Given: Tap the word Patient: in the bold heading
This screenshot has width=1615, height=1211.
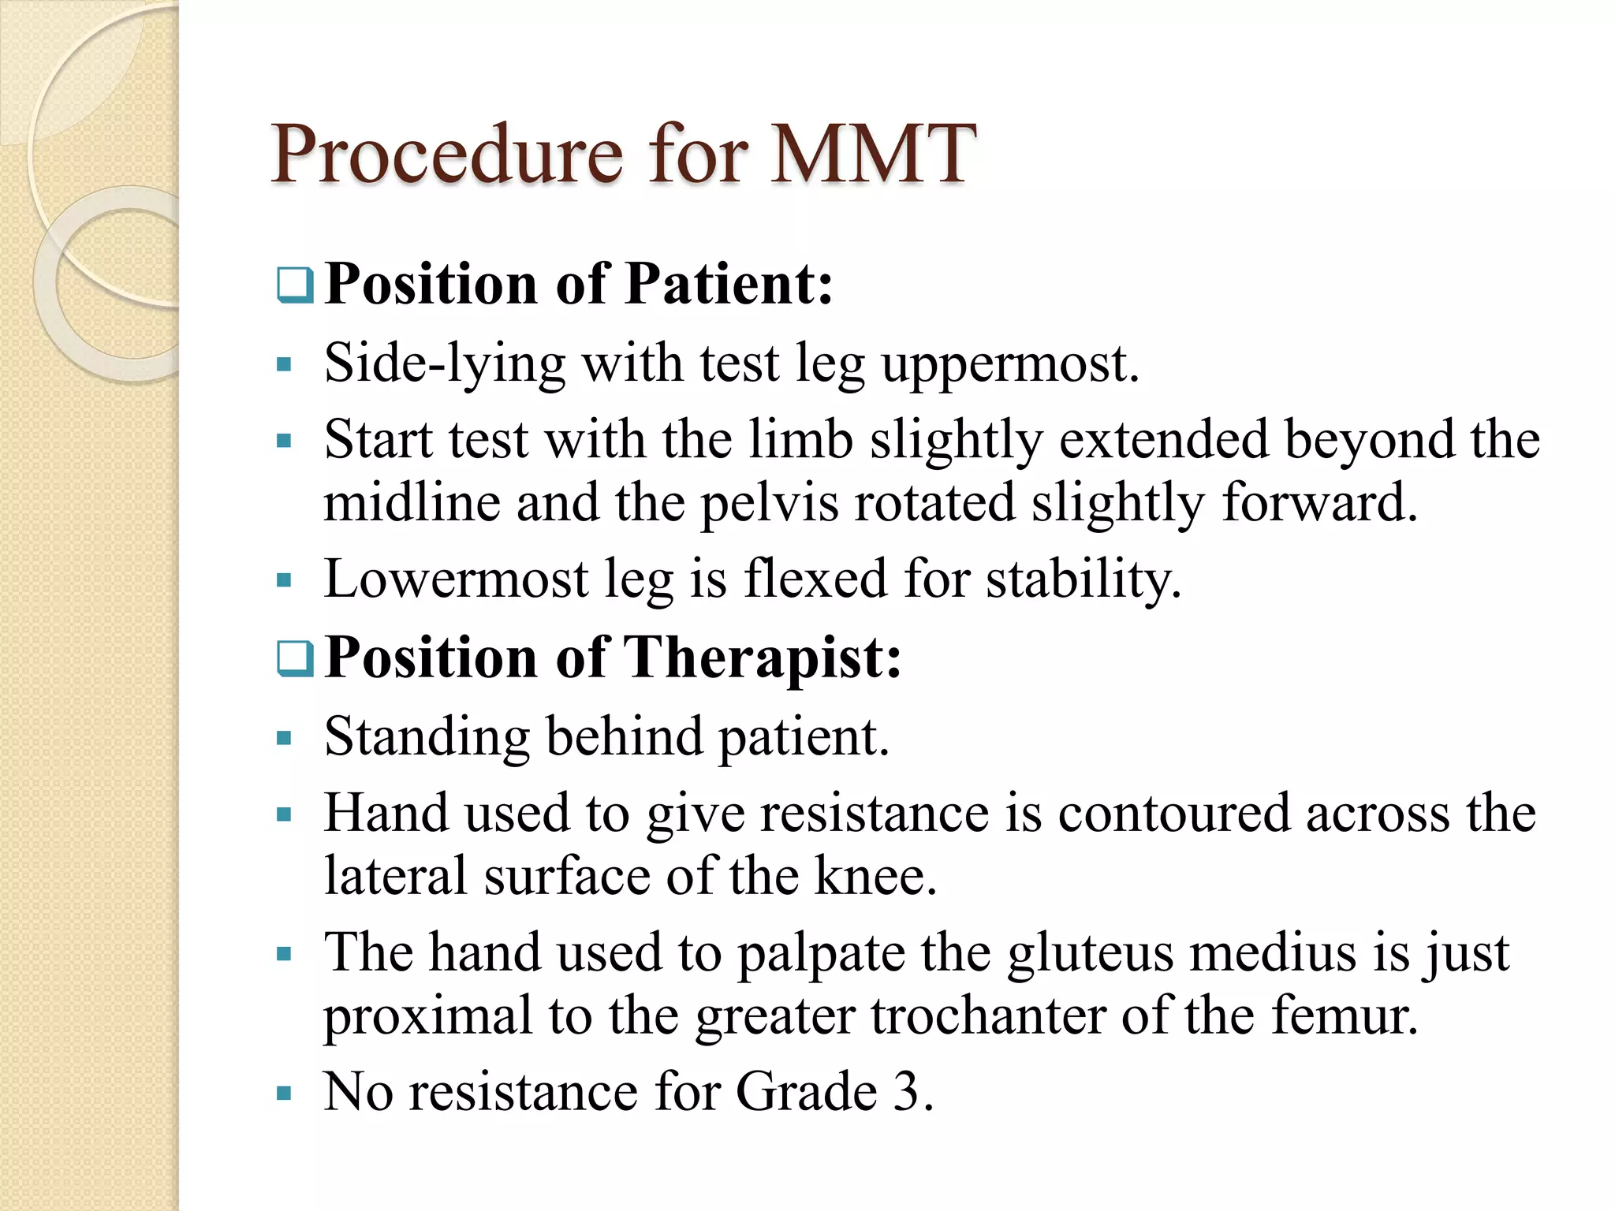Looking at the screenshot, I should (729, 283).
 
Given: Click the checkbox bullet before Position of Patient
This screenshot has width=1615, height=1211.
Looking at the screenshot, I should (296, 285).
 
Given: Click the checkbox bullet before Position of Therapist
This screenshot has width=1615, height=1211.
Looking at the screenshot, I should (296, 659).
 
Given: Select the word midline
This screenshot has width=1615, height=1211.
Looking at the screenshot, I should (412, 503).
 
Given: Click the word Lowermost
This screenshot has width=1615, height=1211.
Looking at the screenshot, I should (456, 579).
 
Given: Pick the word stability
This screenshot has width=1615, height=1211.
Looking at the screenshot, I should (1084, 580).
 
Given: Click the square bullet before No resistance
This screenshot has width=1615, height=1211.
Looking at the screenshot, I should (285, 1094).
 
